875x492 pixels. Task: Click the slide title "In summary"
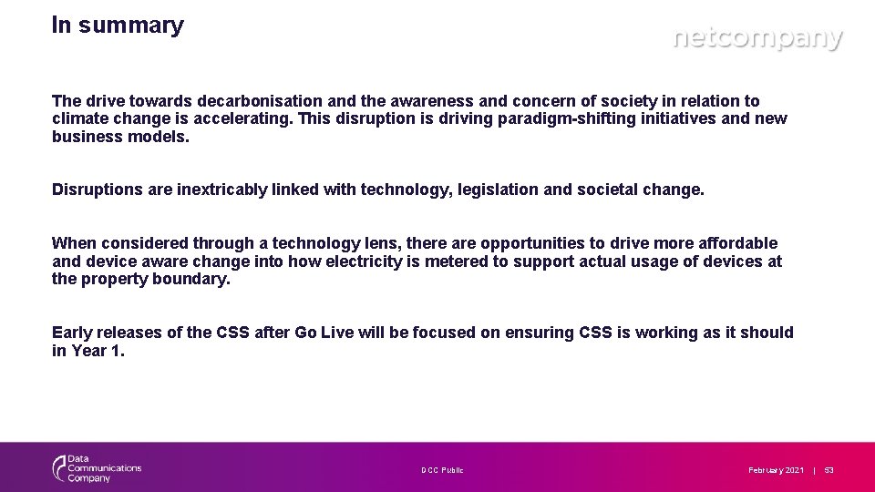coord(118,26)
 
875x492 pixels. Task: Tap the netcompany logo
coord(757,39)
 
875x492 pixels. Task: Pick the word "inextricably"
coord(221,190)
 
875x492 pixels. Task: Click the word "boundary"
coord(192,279)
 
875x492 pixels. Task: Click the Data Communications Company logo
coord(97,469)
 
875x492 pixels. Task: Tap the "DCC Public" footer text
coord(442,470)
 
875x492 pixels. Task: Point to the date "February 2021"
coord(776,470)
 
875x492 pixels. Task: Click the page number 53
coord(829,470)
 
